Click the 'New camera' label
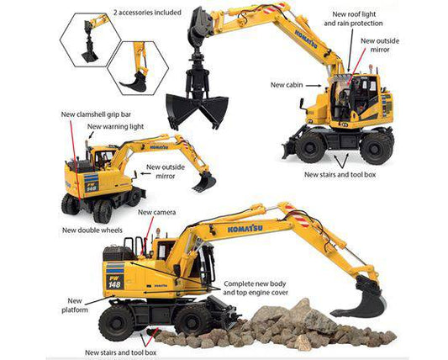pos(157,212)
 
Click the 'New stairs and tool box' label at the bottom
pos(120,352)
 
